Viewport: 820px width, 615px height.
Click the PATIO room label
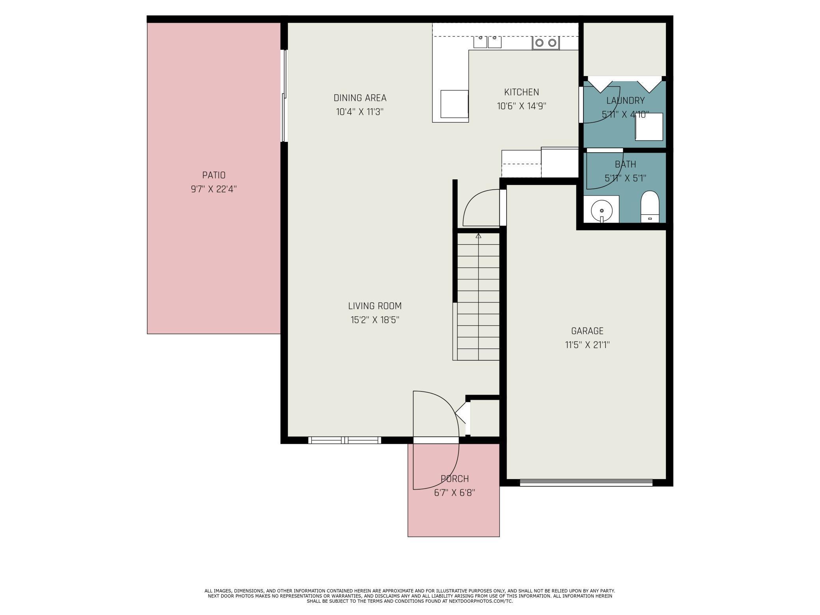[214, 175]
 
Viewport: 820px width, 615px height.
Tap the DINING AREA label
[360, 98]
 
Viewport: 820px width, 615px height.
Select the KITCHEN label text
[522, 92]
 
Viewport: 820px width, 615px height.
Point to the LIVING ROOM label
[375, 306]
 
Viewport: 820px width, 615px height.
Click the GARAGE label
[587, 331]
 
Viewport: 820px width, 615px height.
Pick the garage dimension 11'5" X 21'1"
[587, 345]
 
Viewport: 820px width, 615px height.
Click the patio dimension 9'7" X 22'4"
[214, 189]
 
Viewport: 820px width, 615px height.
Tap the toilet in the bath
[650, 207]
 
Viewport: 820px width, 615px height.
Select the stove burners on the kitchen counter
[546, 43]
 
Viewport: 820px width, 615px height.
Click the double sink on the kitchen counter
[487, 41]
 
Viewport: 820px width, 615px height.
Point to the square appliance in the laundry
[649, 127]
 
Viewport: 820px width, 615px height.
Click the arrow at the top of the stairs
[479, 236]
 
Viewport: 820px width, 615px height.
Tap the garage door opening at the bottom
[586, 483]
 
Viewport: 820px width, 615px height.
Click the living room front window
[345, 440]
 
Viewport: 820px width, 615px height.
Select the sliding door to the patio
[284, 95]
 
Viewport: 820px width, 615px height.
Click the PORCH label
[455, 479]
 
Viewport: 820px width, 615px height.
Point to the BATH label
[625, 164]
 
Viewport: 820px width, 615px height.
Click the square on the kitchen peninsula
[454, 104]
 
